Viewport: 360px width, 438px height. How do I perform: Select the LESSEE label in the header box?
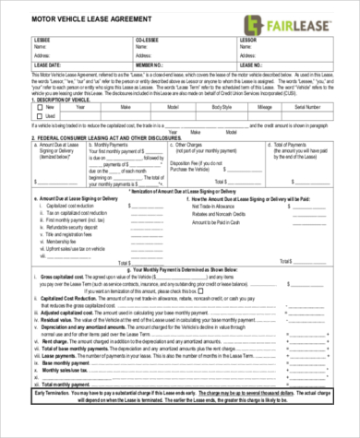[x=41, y=40]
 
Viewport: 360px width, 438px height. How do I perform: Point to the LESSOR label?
[x=246, y=40]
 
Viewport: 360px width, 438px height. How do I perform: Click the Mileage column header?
[x=280, y=107]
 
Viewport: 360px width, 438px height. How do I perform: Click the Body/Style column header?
[x=240, y=107]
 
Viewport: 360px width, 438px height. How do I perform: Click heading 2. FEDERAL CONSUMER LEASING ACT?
[x=102, y=136]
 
